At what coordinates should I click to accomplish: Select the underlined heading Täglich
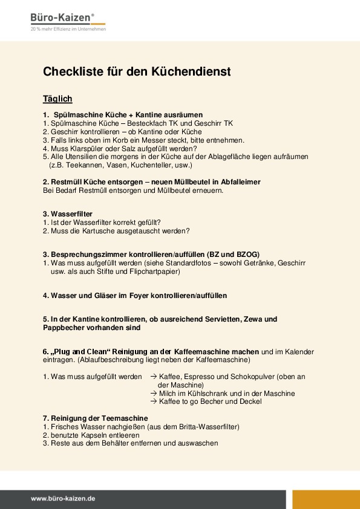click(x=57, y=99)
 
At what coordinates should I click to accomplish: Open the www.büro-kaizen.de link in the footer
click(x=64, y=499)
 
